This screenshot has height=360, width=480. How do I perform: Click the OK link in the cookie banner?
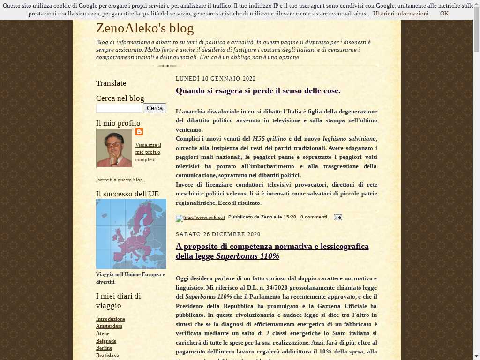tap(444, 14)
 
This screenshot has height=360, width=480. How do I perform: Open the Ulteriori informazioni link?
tap(401, 14)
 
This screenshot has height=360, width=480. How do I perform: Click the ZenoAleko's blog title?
tap(145, 29)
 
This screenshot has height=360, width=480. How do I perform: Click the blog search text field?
tap(119, 108)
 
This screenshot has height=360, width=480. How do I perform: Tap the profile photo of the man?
tap(114, 148)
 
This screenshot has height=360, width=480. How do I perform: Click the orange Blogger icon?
tap(139, 132)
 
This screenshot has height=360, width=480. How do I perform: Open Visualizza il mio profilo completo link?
tap(148, 152)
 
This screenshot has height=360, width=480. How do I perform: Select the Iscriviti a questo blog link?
tap(120, 180)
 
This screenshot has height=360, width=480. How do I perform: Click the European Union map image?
tap(131, 233)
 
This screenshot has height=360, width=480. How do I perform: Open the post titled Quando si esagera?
tap(258, 91)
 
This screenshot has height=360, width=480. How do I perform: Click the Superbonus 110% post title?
tap(272, 251)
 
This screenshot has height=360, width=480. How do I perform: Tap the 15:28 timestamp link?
tap(290, 217)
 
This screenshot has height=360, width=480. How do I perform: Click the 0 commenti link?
tap(314, 217)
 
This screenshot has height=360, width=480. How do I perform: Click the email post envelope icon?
tap(337, 217)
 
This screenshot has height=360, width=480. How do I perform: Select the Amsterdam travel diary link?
tap(109, 326)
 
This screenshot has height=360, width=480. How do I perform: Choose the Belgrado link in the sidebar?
tap(106, 341)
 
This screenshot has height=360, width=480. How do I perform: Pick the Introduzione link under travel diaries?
tap(111, 319)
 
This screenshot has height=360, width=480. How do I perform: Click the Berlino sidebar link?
tap(104, 348)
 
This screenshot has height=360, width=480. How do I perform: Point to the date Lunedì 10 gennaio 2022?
tap(216, 79)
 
